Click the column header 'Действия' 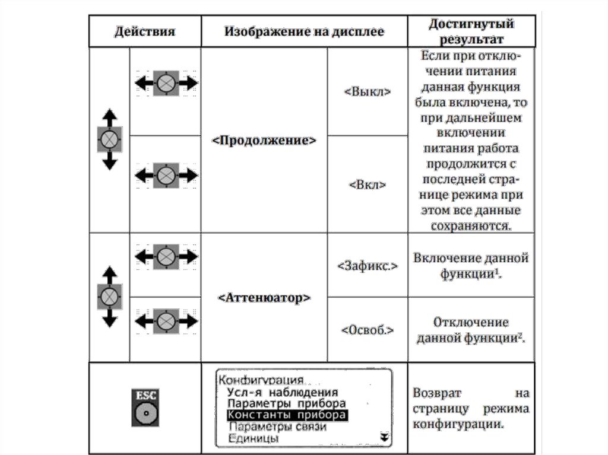tap(144, 31)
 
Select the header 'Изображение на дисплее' tap(304, 31)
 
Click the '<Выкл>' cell tap(368, 91)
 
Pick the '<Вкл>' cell tap(368, 184)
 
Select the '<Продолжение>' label tap(264, 141)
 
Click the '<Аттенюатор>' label tap(264, 297)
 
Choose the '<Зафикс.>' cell tap(368, 265)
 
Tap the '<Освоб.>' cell tap(368, 329)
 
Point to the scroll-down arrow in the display tap(384, 437)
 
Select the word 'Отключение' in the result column tap(471, 322)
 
